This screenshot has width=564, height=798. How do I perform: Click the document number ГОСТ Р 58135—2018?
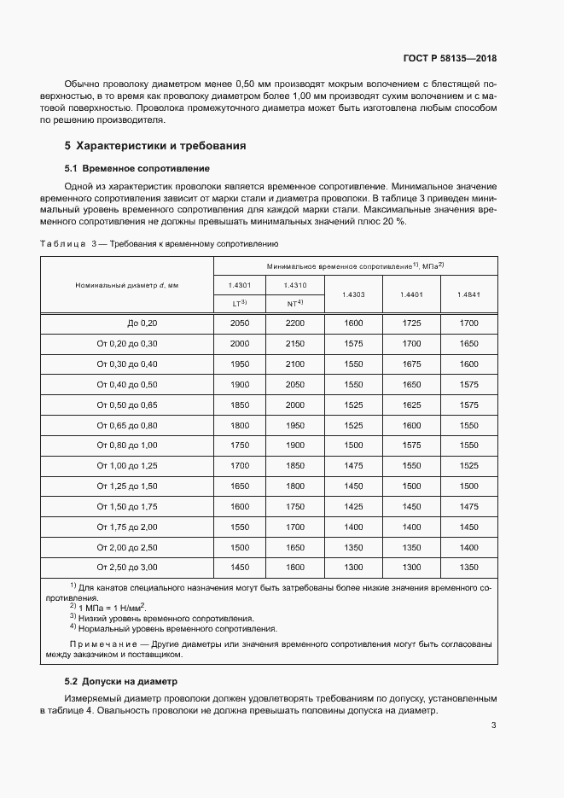pyautogui.click(x=450, y=59)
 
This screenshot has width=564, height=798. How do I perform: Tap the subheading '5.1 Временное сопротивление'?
pyautogui.click(x=131, y=168)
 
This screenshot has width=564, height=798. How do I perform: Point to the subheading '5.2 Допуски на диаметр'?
pyautogui.click(x=119, y=681)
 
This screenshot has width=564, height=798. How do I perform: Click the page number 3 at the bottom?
pyautogui.click(x=493, y=725)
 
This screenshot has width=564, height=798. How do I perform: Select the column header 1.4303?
pyautogui.click(x=353, y=294)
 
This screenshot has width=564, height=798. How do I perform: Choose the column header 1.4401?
pyautogui.click(x=411, y=294)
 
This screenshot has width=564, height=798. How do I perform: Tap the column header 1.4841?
pyautogui.click(x=468, y=294)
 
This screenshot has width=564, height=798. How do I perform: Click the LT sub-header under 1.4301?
pyautogui.click(x=240, y=303)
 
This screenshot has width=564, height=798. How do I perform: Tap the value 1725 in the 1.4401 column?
pyautogui.click(x=411, y=323)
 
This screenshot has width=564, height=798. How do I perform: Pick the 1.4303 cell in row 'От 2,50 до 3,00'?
pyautogui.click(x=353, y=567)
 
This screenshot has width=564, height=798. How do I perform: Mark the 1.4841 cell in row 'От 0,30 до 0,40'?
pyautogui.click(x=468, y=364)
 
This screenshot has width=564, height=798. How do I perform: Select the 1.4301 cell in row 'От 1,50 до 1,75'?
pyautogui.click(x=240, y=506)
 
